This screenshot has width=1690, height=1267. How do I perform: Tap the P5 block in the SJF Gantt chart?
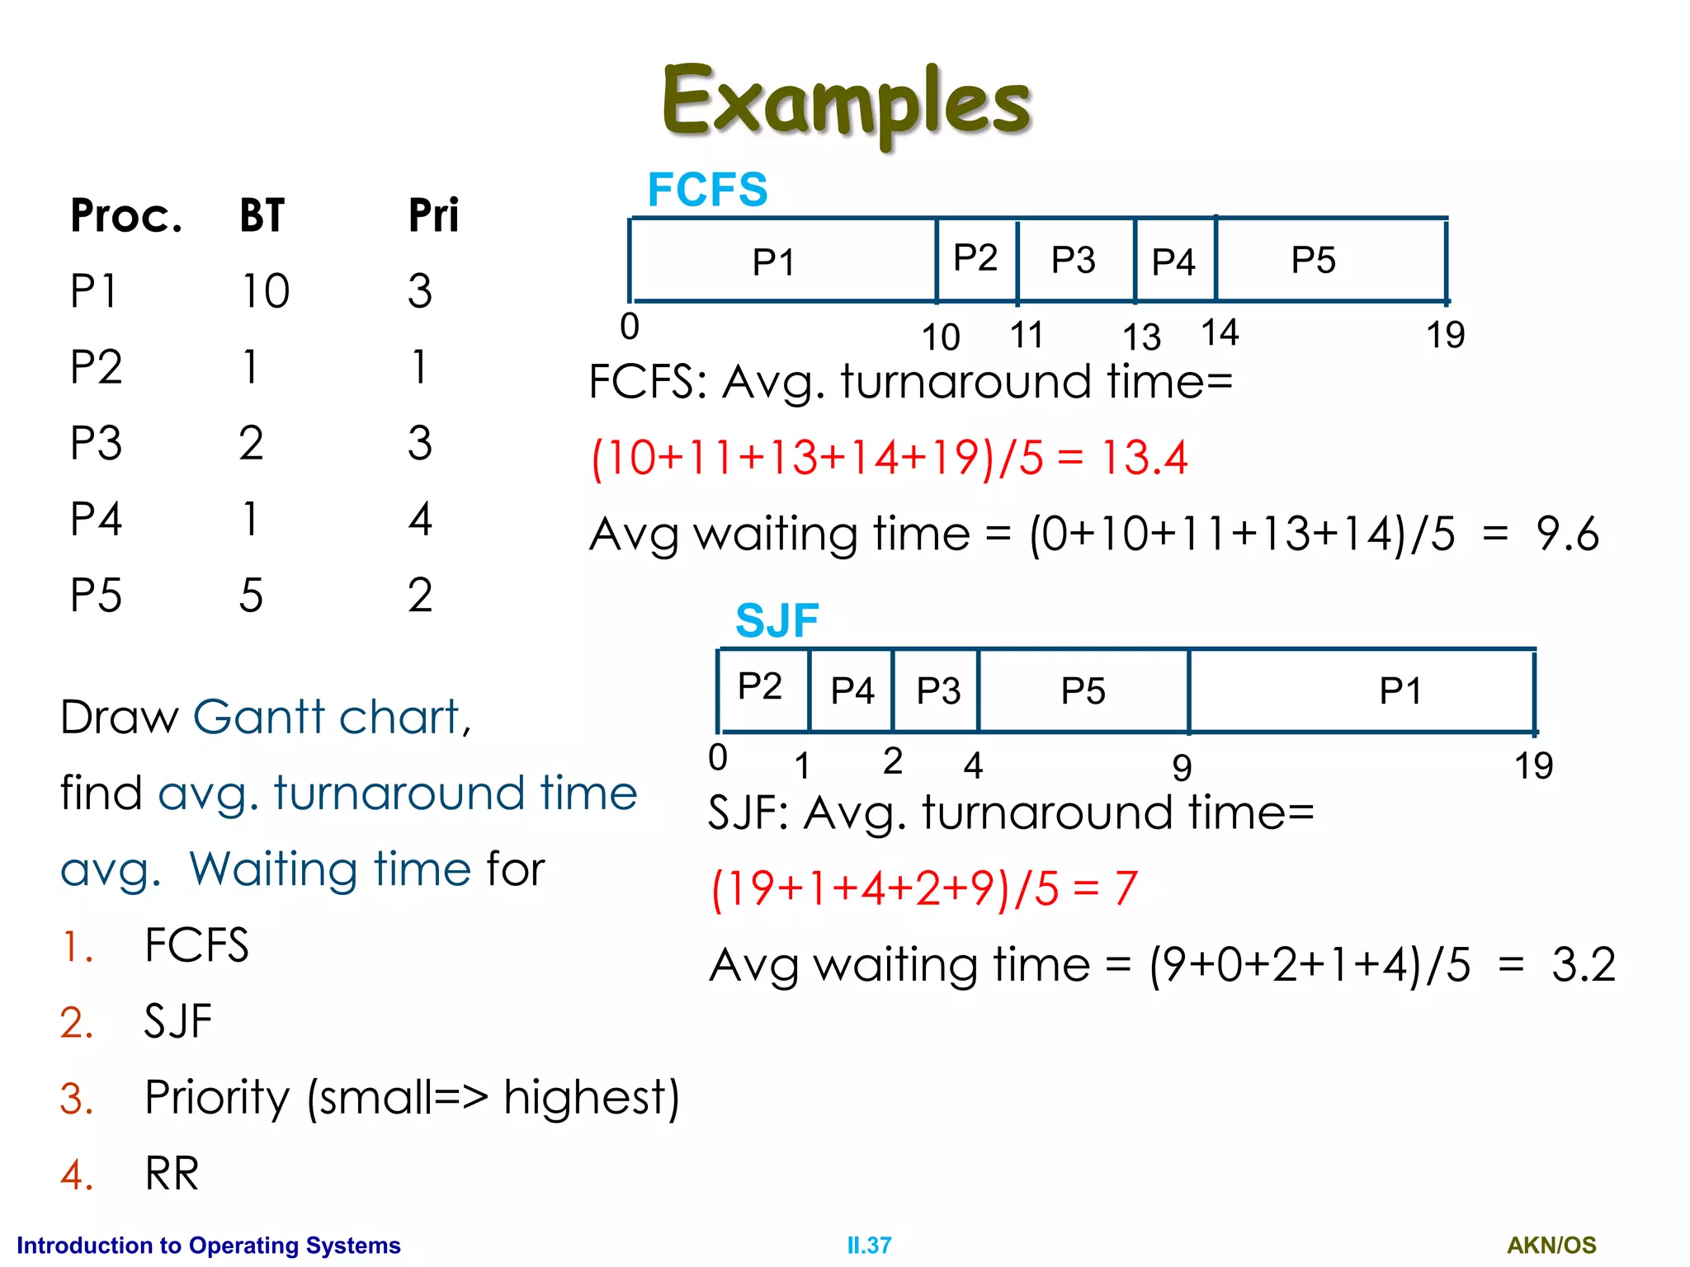[1083, 691]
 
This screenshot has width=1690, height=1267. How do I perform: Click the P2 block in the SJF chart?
[762, 687]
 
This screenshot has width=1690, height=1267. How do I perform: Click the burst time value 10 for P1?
[265, 291]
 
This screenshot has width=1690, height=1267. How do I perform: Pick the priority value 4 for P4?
[420, 520]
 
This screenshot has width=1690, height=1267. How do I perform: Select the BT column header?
[262, 216]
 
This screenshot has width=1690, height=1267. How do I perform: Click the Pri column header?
[433, 216]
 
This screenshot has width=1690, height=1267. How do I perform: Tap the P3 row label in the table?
[96, 443]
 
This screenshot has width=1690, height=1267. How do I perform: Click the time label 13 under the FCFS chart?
[1141, 337]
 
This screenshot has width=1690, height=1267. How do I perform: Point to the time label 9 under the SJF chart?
[1182, 768]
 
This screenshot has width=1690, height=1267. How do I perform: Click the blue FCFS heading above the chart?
[707, 190]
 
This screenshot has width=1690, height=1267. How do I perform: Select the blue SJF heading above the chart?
[777, 620]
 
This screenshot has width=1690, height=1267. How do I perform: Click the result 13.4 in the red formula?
[1145, 458]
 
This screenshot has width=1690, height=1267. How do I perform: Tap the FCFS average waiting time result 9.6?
[1566, 534]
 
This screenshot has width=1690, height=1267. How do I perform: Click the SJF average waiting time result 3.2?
[1583, 964]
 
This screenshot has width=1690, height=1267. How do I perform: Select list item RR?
[172, 1174]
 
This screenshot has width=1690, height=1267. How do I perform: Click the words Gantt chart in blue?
[332, 717]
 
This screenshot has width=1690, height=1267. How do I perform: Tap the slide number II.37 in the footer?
[869, 1245]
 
